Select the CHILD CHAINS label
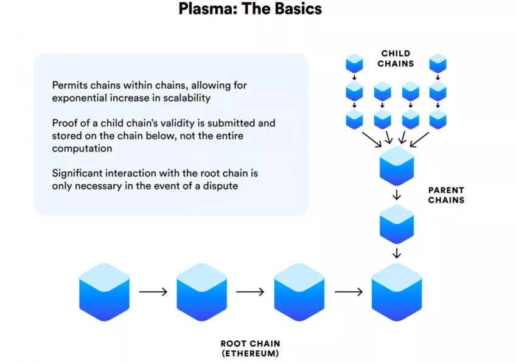click(396, 58)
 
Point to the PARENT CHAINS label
click(447, 195)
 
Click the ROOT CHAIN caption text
click(250, 344)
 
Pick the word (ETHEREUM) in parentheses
click(250, 353)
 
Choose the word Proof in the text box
click(64, 123)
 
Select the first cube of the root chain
click(104, 292)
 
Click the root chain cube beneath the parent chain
click(397, 292)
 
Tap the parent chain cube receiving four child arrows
click(397, 165)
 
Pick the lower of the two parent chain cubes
click(397, 224)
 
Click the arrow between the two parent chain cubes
click(397, 196)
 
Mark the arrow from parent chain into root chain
click(397, 253)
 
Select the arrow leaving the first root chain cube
click(153, 292)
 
